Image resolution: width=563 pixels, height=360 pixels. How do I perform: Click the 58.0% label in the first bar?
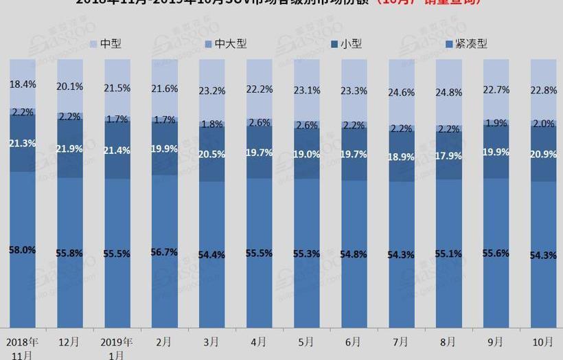(x=23, y=250)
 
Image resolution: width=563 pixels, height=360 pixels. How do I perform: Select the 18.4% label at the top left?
(x=23, y=85)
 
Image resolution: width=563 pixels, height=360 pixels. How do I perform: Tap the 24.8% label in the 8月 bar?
(x=448, y=92)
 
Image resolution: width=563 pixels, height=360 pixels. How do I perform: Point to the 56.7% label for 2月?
(x=165, y=252)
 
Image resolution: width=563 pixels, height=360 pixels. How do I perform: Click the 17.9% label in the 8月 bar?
(x=448, y=155)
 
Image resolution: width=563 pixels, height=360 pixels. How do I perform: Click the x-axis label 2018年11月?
(x=23, y=348)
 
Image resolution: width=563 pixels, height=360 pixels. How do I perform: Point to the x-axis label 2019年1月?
(x=117, y=348)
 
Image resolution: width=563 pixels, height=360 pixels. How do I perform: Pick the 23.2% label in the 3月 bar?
(x=212, y=90)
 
